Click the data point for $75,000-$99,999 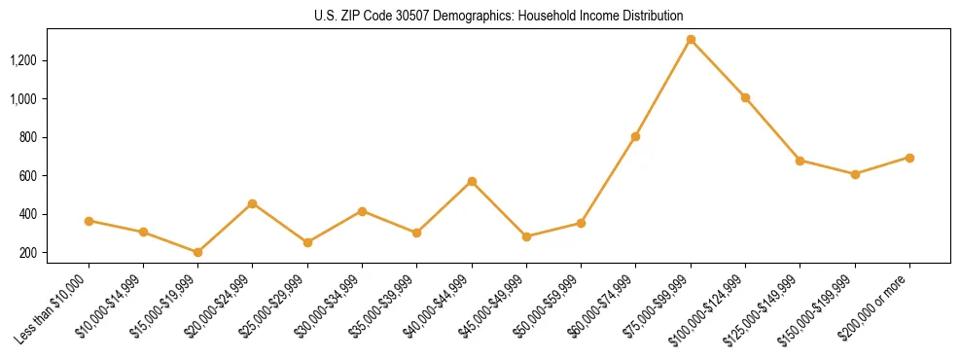click(x=691, y=40)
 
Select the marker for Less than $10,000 click(x=89, y=221)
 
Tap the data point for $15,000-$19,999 click(x=198, y=252)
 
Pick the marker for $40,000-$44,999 click(x=472, y=181)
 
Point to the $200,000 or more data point click(x=909, y=158)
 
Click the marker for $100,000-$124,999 click(x=745, y=97)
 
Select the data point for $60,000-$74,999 click(x=636, y=136)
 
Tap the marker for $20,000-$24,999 click(x=253, y=203)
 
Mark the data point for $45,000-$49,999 click(x=526, y=236)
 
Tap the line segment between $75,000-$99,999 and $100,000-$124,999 click(x=718, y=69)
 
